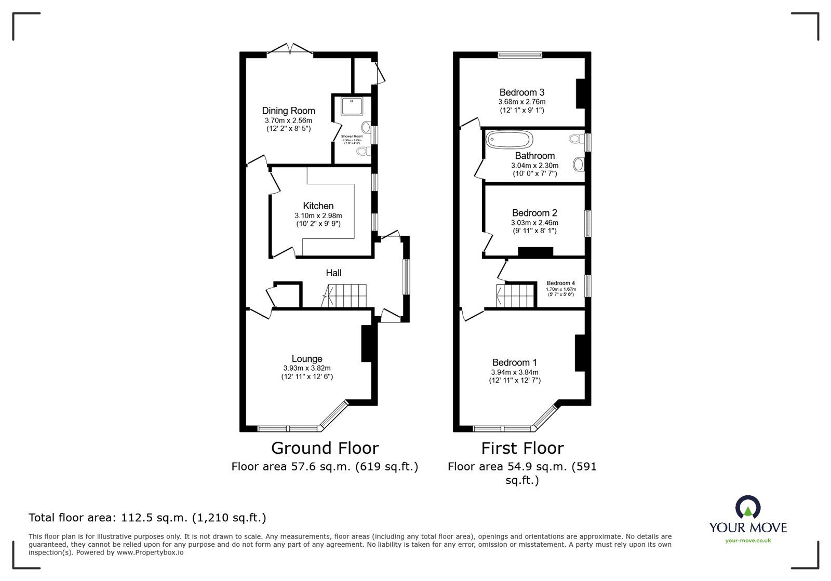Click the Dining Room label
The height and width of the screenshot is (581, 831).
point(288,111)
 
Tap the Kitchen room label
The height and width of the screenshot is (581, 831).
point(318,206)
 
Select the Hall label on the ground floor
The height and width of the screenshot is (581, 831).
point(333,273)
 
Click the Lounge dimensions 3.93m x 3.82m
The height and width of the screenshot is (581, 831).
point(306,368)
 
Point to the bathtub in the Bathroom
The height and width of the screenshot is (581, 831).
point(509,140)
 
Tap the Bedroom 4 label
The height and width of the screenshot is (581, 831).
point(560,283)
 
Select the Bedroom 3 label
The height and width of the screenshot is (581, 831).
point(521,92)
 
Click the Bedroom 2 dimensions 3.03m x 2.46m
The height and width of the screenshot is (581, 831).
point(534,222)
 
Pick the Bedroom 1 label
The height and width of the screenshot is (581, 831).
point(514,362)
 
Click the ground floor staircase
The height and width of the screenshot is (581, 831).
point(345,296)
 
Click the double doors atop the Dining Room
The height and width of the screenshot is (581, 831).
point(290,49)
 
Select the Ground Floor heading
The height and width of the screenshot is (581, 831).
point(325,448)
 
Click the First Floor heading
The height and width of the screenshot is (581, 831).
point(522,448)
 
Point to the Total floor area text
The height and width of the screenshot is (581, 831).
point(147,518)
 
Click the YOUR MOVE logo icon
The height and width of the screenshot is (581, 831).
point(747,508)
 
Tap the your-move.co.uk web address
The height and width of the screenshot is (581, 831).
point(748,541)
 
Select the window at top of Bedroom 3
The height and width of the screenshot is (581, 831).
point(519,54)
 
